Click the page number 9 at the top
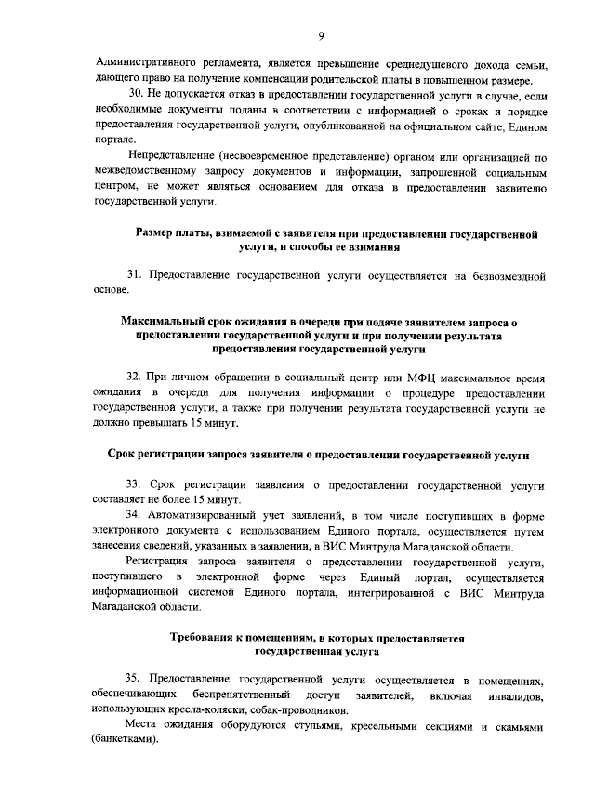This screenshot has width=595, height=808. (x=320, y=35)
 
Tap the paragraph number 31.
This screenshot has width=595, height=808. (x=134, y=276)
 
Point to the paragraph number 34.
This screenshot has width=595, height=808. (x=134, y=514)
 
